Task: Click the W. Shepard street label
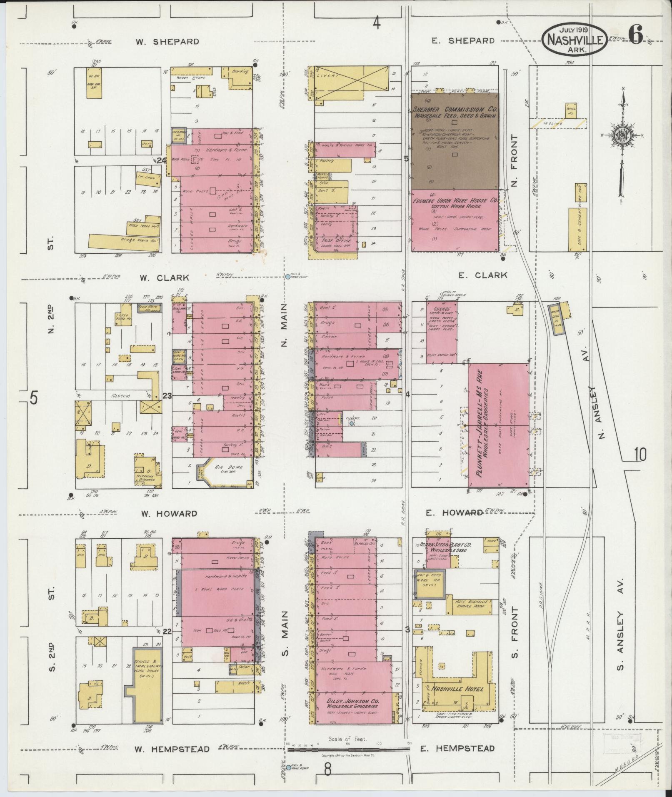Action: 167,42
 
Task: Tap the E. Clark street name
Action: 482,275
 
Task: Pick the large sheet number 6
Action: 635,34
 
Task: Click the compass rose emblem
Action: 621,135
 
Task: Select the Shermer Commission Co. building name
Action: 455,109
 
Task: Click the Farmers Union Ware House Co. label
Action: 455,200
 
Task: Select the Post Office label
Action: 336,240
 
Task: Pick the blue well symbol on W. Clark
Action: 287,276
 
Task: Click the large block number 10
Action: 640,455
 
